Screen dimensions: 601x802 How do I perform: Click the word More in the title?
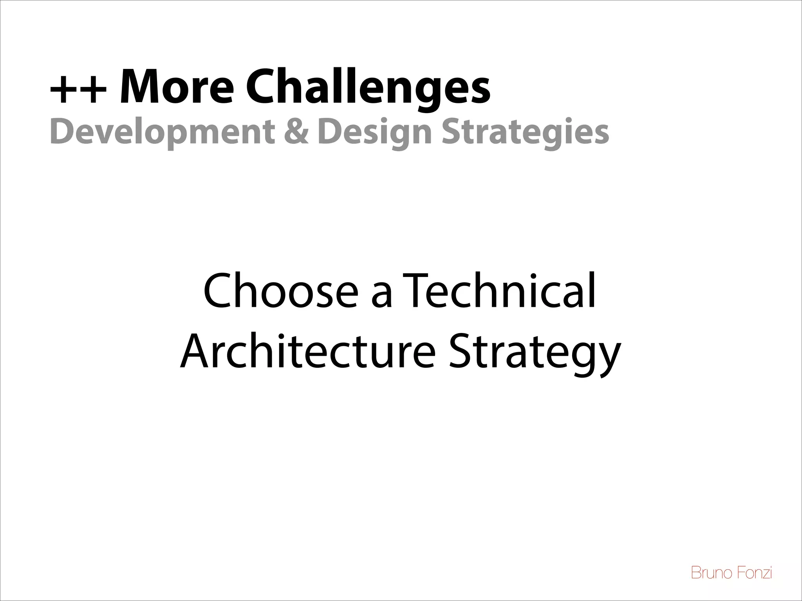pyautogui.click(x=176, y=87)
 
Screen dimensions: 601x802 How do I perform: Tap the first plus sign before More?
pyautogui.click(x=64, y=91)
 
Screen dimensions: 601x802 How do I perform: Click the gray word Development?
pyautogui.click(x=162, y=132)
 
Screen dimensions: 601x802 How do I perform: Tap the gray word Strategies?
pyautogui.click(x=525, y=132)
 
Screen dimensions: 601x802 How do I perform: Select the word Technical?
pyautogui.click(x=498, y=292)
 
